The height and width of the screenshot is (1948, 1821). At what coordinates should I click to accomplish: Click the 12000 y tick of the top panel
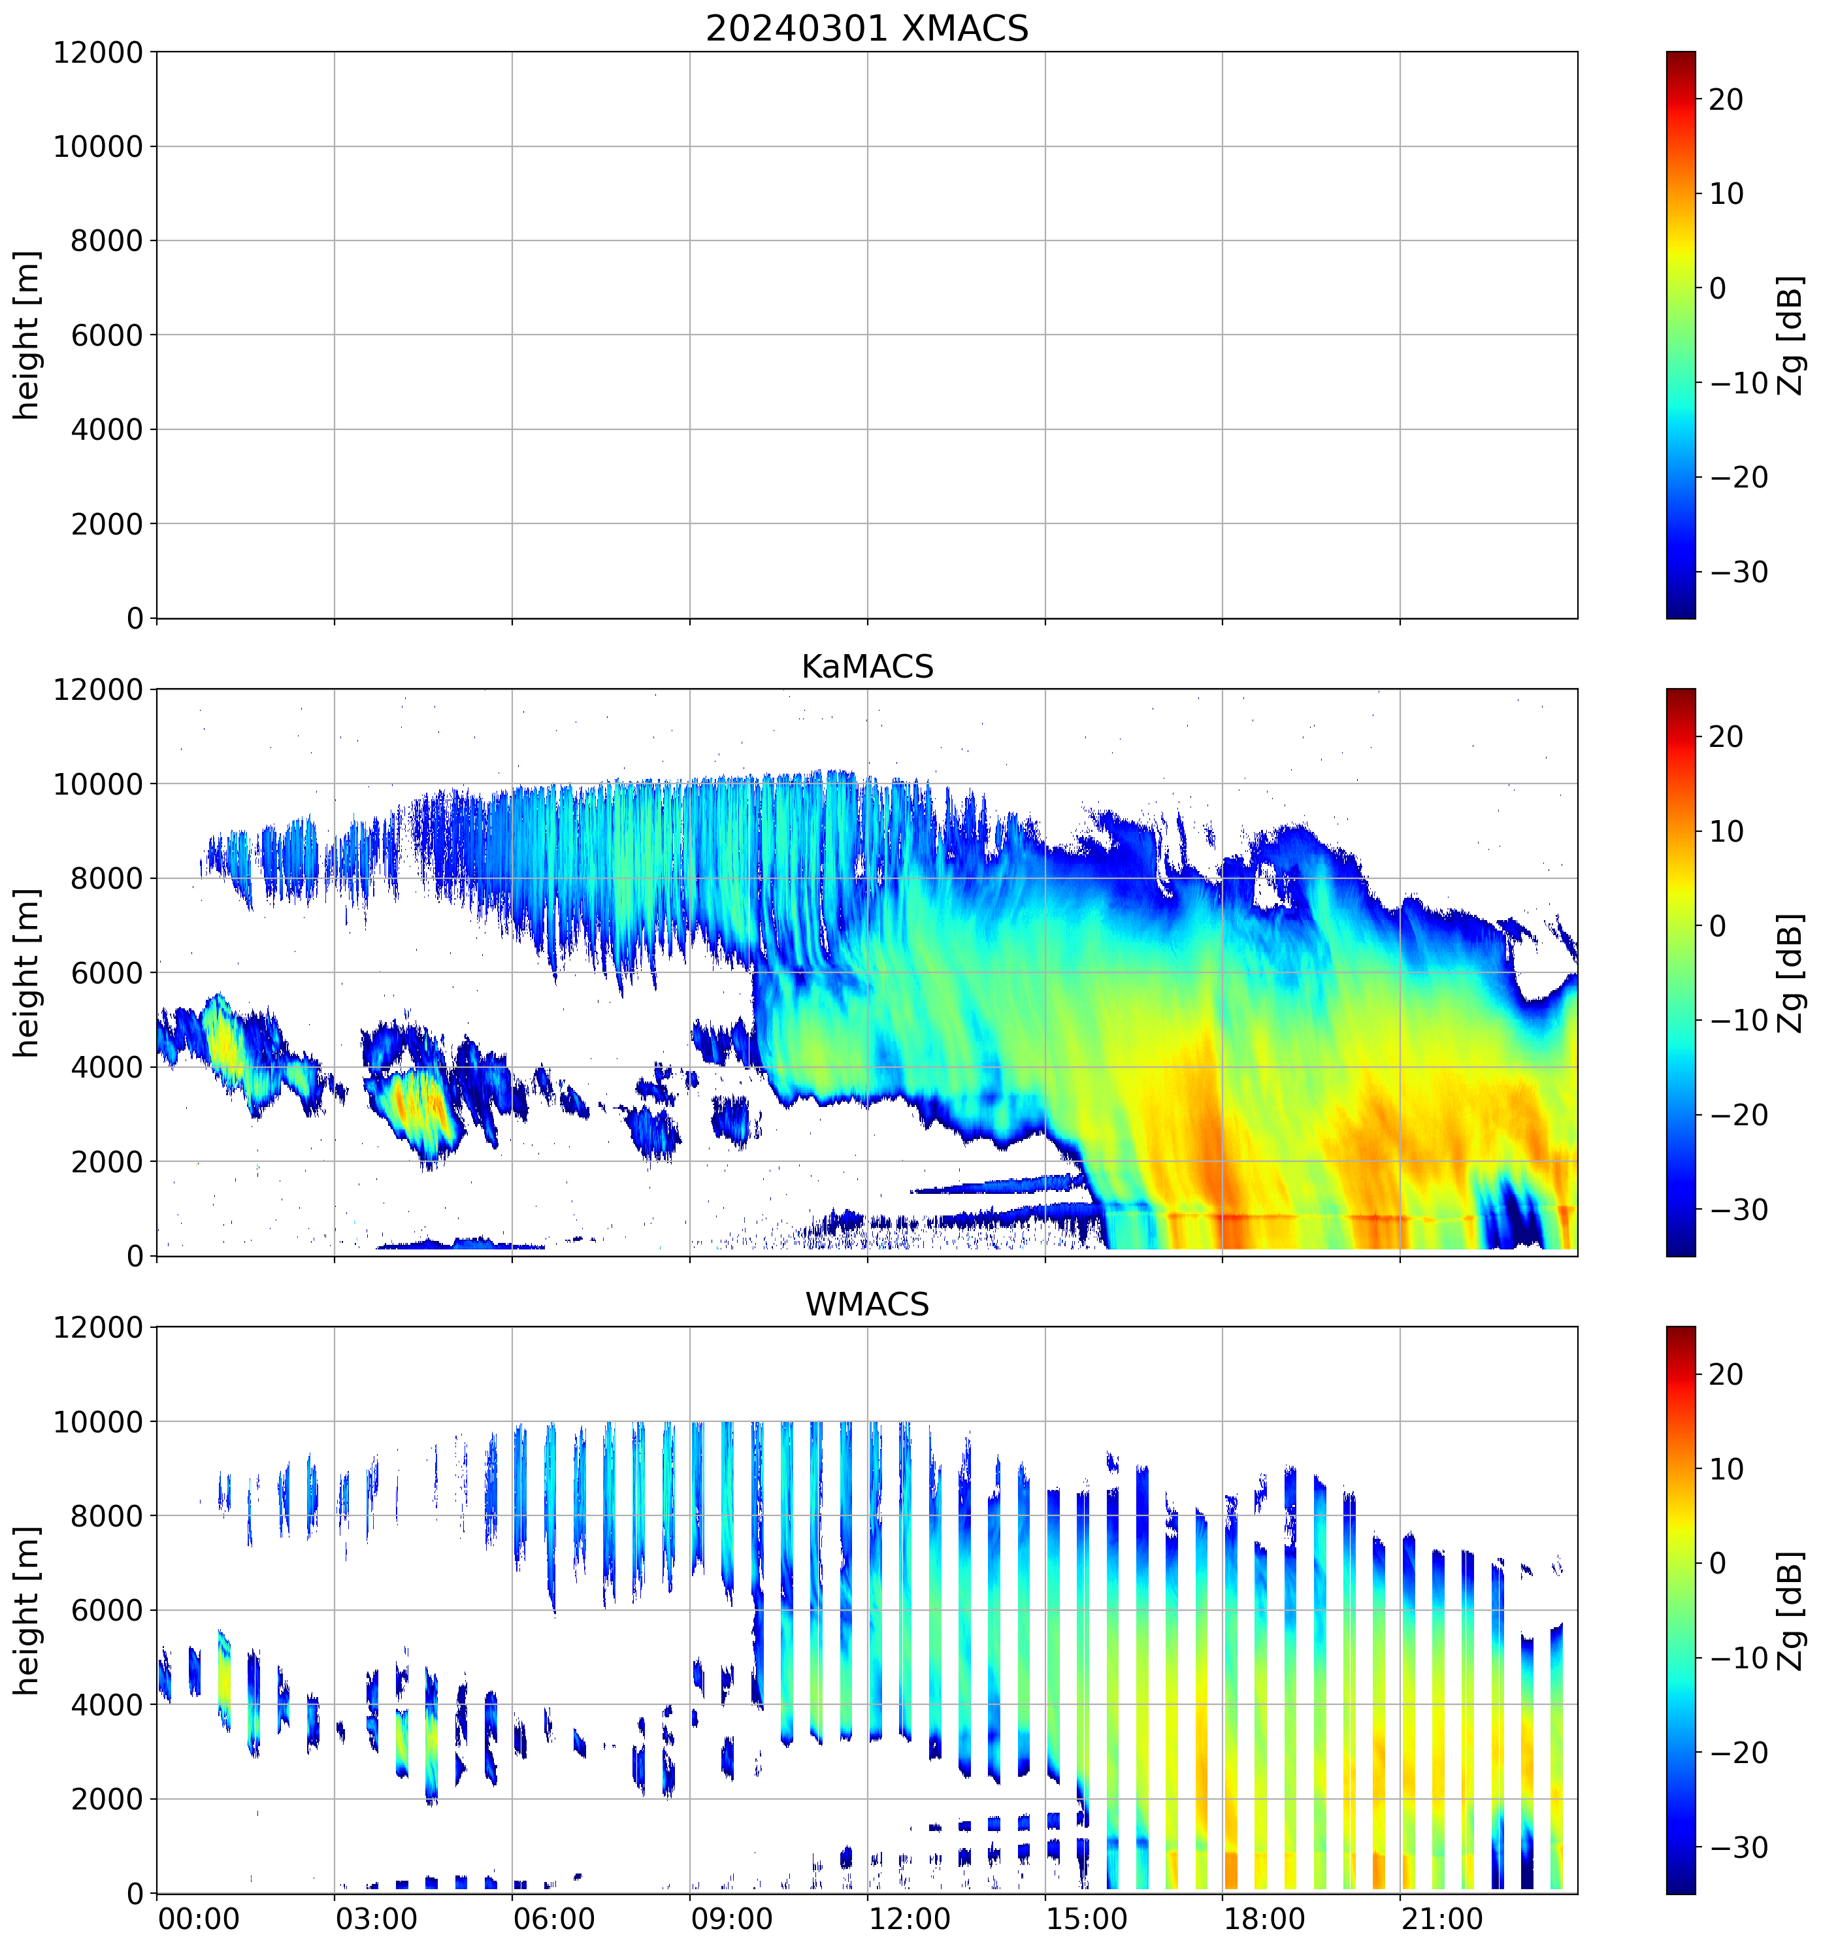[98, 53]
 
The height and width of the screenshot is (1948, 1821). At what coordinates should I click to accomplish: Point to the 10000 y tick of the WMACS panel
[98, 1422]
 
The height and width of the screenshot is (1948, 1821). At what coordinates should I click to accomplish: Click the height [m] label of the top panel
[27, 335]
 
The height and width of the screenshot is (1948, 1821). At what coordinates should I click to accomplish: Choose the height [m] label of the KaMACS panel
[27, 973]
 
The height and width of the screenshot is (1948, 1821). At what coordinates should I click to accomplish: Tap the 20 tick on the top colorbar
[1726, 100]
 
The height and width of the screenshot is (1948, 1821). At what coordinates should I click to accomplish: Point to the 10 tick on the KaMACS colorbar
[1726, 832]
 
